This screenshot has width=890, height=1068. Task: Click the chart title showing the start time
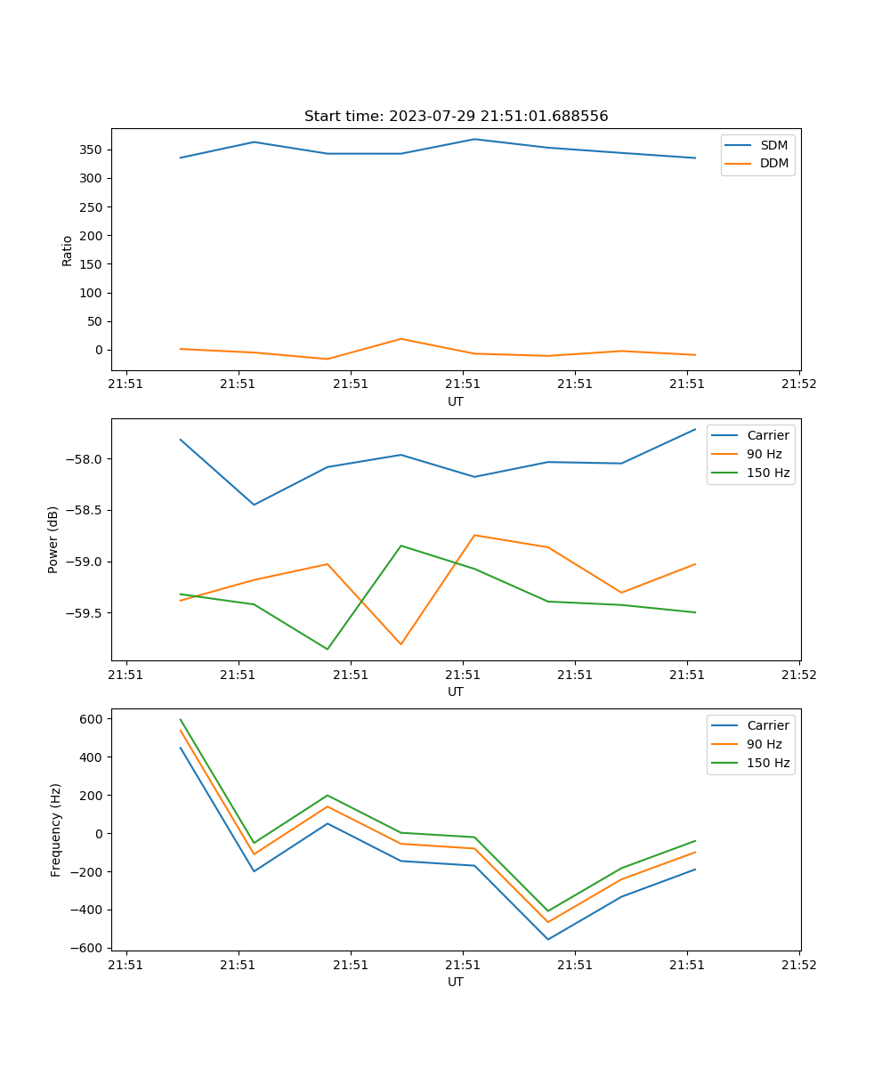click(x=456, y=117)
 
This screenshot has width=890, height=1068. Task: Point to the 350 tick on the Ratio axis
click(x=93, y=150)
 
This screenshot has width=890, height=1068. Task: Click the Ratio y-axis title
click(x=68, y=250)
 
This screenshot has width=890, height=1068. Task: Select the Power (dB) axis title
click(x=53, y=539)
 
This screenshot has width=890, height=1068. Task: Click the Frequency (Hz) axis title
click(x=55, y=829)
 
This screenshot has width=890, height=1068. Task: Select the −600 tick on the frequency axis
click(x=90, y=948)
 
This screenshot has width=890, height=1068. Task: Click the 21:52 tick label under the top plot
click(x=798, y=384)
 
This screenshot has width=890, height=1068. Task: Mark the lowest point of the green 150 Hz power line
click(x=328, y=649)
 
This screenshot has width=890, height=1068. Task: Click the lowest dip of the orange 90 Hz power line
click(x=400, y=643)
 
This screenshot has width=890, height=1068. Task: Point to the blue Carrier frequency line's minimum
click(x=547, y=939)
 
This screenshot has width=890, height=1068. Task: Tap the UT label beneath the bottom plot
click(x=456, y=982)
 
